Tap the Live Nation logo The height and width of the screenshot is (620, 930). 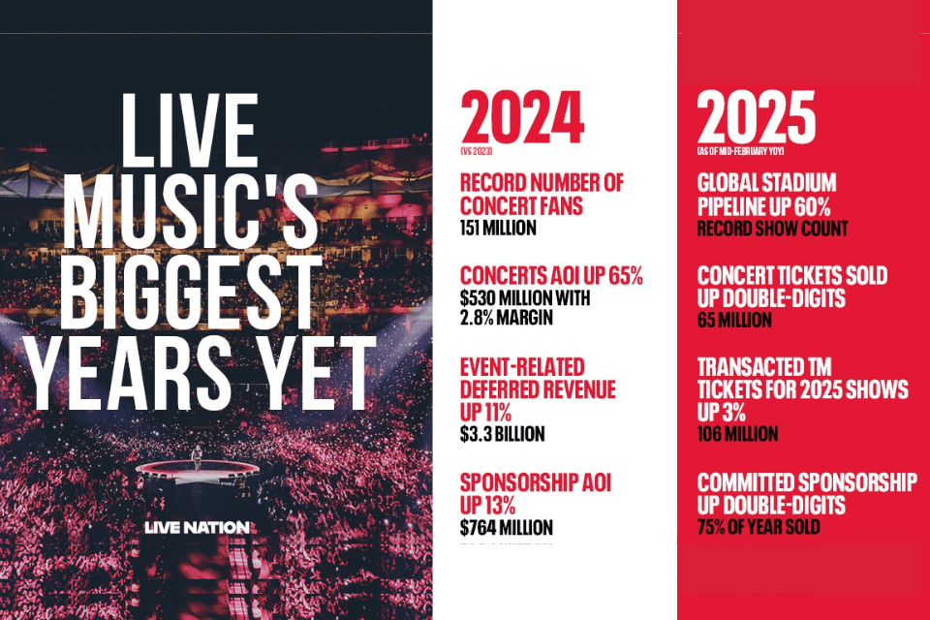pyautogui.click(x=197, y=527)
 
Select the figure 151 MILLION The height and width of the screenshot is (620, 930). pyautogui.click(x=498, y=228)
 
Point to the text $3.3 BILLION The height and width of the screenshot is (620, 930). pyautogui.click(x=502, y=433)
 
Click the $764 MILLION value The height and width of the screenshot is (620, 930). pyautogui.click(x=506, y=528)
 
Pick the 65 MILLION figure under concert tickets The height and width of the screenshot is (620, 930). pyautogui.click(x=734, y=320)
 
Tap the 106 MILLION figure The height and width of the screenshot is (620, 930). pyautogui.click(x=738, y=433)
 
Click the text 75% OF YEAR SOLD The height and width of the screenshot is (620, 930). pyautogui.click(x=759, y=528)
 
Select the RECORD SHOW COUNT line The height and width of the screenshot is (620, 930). pyautogui.click(x=772, y=229)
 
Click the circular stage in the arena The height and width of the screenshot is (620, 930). pyautogui.click(x=197, y=469)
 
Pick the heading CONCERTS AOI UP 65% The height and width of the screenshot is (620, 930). pyautogui.click(x=551, y=275)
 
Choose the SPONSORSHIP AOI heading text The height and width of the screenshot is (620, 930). pyautogui.click(x=535, y=482)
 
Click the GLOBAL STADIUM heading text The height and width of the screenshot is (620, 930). pyautogui.click(x=766, y=183)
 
